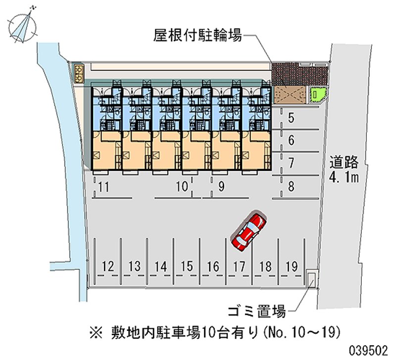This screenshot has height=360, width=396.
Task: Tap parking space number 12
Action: tap(107, 266)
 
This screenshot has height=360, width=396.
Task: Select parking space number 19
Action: tap(292, 266)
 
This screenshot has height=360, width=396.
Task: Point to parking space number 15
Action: tap(186, 266)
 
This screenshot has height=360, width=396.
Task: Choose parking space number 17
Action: tap(239, 266)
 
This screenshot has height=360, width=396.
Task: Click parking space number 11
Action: tap(103, 187)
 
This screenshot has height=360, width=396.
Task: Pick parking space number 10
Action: tap(182, 187)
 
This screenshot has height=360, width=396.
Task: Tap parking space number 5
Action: tap(292, 118)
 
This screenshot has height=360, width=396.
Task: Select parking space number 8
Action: tap(292, 187)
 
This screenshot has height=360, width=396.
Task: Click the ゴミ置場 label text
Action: tap(256, 311)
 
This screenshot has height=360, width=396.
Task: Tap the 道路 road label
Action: tap(344, 162)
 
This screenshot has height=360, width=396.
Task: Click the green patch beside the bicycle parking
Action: tap(316, 94)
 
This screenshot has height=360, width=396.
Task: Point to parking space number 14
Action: tap(160, 266)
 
